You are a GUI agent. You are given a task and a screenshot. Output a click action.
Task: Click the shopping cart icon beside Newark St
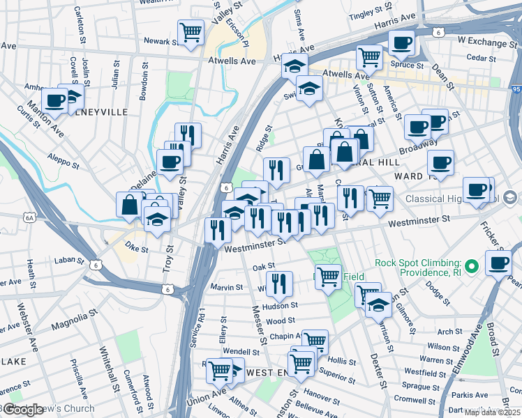click(190, 32)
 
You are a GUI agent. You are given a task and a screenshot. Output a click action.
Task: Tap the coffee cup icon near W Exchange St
click(401, 43)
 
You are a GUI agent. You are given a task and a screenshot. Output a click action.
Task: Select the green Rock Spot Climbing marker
click(472, 267)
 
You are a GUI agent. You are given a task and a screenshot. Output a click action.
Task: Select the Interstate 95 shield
click(515, 89)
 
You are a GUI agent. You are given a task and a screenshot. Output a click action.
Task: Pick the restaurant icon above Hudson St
click(278, 283)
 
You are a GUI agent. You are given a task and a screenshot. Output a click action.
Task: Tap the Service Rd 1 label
click(202, 328)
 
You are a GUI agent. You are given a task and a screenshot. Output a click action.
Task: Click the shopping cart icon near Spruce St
click(368, 56)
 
